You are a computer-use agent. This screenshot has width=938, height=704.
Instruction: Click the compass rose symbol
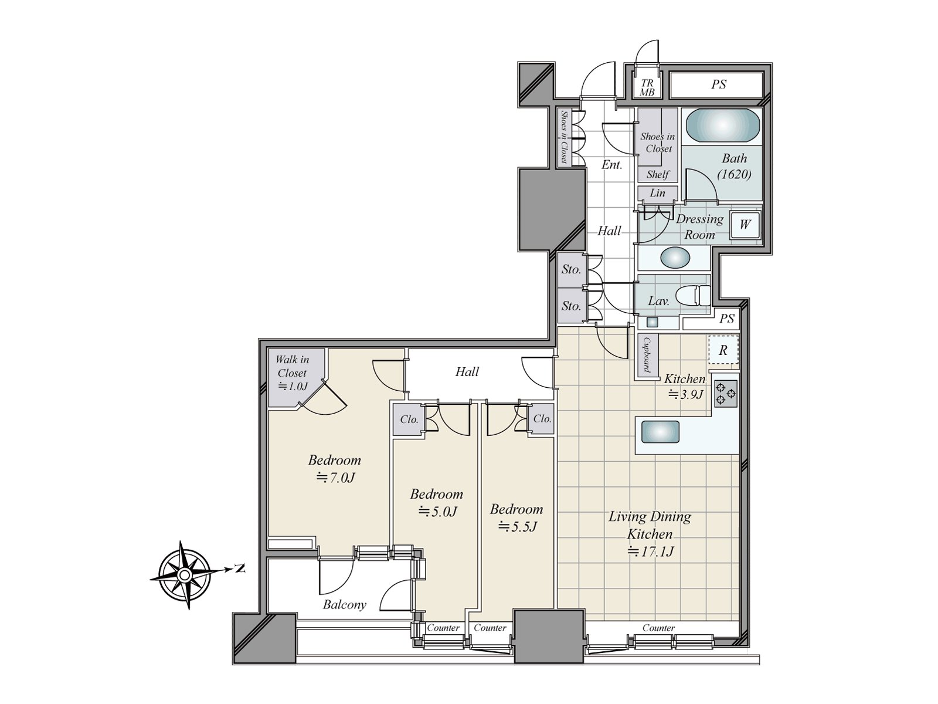[185, 575]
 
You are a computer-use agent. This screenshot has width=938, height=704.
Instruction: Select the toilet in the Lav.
[693, 295]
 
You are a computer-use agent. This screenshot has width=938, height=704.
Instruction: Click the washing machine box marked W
[745, 225]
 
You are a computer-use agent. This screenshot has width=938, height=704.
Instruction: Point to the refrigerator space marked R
[723, 350]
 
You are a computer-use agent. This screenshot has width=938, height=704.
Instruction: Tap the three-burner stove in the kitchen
[726, 393]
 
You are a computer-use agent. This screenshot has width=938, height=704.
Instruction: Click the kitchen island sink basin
[660, 431]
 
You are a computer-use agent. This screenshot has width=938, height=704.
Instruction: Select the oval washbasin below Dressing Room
[675, 258]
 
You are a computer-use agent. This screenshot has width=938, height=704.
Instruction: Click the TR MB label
[647, 87]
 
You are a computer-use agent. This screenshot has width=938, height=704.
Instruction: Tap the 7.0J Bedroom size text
[335, 478]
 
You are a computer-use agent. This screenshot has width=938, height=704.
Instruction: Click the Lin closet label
[657, 193]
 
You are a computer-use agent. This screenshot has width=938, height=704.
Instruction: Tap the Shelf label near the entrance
[658, 174]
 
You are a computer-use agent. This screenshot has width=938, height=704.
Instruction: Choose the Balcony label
[345, 605]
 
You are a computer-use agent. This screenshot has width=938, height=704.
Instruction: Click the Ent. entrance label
[611, 165]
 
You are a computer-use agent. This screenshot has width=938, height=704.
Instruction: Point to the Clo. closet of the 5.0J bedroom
[409, 419]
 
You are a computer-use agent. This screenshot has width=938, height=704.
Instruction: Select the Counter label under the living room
[658, 628]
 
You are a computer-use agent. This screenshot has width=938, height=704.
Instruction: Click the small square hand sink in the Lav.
[652, 322]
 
